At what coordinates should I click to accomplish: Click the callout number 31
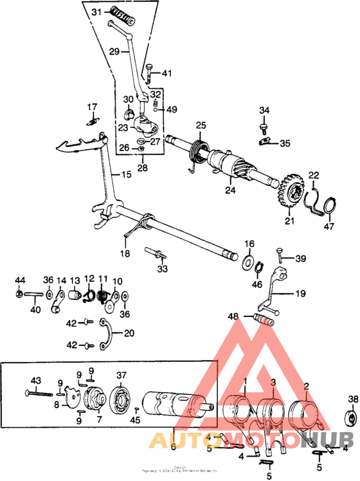(x=96, y=12)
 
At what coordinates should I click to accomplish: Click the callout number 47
(x=329, y=226)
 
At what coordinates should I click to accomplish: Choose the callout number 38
(x=352, y=399)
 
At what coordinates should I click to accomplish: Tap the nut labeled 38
(x=352, y=419)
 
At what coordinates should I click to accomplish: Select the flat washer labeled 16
(x=248, y=262)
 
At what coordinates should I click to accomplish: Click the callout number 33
(x=163, y=268)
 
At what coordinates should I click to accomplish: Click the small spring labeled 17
(x=93, y=120)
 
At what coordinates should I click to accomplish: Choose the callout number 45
(x=134, y=421)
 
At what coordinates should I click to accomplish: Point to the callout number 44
(x=21, y=280)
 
